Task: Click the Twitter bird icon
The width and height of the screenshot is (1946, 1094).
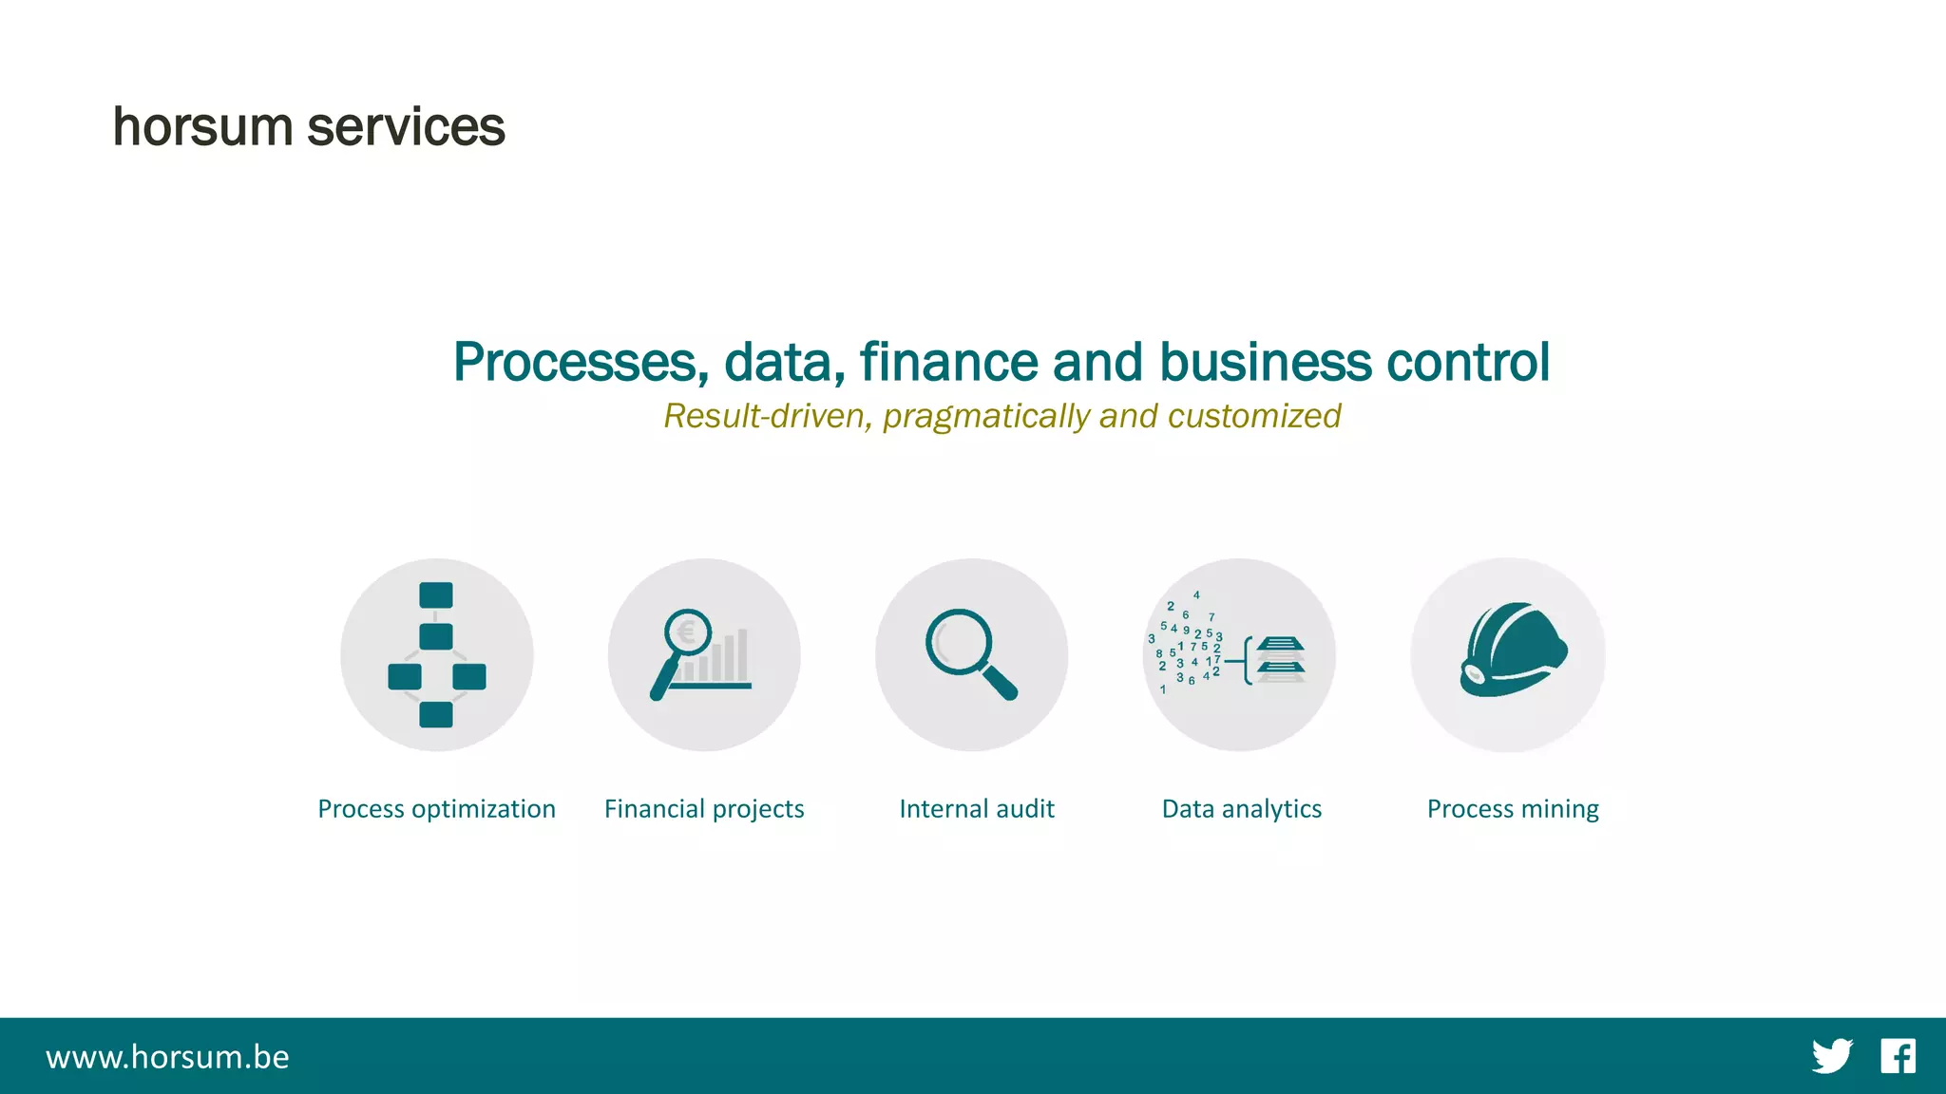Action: click(x=1831, y=1056)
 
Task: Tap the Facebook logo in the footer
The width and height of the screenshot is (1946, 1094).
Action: click(x=1898, y=1056)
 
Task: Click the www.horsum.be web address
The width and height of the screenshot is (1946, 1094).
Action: click(x=167, y=1057)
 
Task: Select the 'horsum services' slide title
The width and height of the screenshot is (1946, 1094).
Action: click(x=309, y=127)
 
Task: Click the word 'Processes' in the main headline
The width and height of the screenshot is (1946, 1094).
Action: click(x=581, y=363)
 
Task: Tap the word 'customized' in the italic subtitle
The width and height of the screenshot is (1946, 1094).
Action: click(x=1254, y=416)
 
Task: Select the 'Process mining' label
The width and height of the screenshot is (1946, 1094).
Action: click(x=1513, y=809)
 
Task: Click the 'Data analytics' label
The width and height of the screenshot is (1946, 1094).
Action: click(x=1241, y=809)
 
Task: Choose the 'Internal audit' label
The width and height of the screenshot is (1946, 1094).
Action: click(x=977, y=809)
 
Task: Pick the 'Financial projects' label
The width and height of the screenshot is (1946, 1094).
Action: click(x=704, y=809)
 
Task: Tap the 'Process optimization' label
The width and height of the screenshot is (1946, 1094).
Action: click(x=436, y=809)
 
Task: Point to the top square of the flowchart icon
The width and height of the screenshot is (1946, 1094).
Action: click(x=436, y=595)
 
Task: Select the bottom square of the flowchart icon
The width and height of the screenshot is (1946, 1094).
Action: click(x=436, y=714)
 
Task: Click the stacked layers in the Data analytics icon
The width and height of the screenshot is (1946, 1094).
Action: click(x=1280, y=659)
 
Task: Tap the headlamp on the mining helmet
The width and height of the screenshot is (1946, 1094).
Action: click(x=1474, y=674)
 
